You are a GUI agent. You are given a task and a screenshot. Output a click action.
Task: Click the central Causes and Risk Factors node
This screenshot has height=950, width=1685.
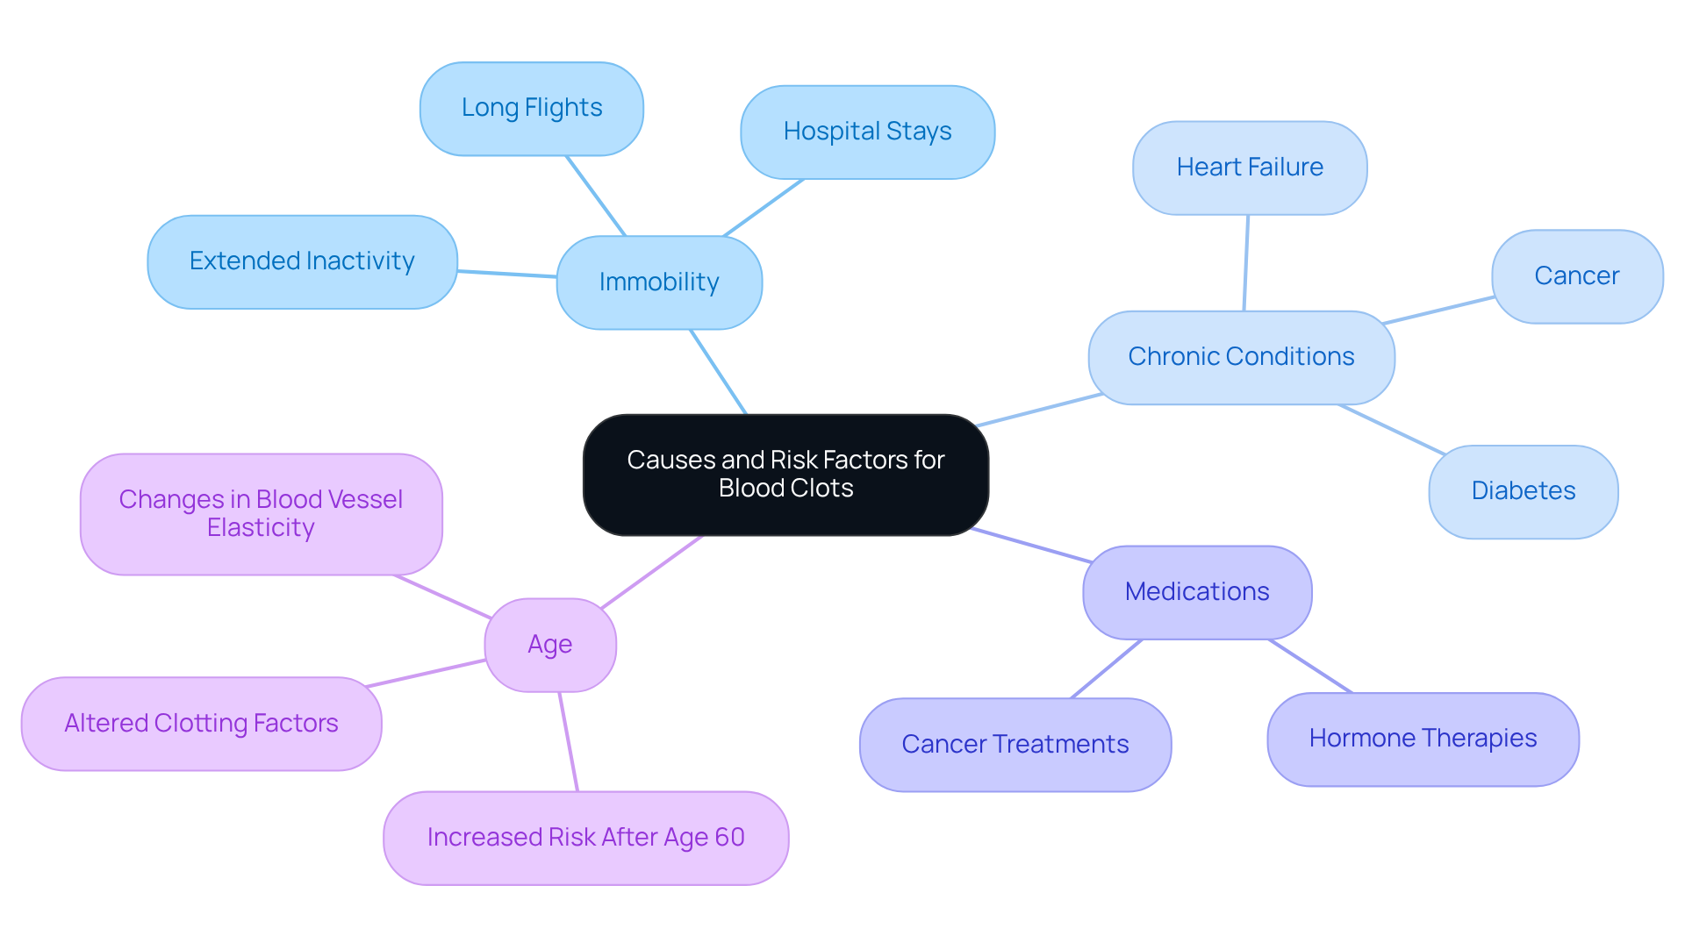(785, 475)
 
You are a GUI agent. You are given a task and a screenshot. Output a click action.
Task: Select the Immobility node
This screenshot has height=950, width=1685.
(659, 282)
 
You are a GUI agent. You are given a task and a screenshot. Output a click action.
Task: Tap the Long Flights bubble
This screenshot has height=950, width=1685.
(532, 109)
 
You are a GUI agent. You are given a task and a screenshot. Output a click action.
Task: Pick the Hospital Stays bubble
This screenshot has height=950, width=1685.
(867, 132)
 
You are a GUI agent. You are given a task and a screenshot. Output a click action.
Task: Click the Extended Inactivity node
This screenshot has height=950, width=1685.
(302, 261)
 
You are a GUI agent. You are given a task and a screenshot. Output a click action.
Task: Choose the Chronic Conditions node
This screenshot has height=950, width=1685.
(1241, 357)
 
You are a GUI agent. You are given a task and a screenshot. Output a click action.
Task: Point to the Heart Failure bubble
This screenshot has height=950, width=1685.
(1250, 168)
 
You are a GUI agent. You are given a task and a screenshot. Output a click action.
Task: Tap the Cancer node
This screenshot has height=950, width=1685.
(1576, 276)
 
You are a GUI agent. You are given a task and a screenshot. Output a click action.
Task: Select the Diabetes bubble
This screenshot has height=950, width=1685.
(1523, 491)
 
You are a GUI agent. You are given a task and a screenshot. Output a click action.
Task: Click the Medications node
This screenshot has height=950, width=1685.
(1197, 592)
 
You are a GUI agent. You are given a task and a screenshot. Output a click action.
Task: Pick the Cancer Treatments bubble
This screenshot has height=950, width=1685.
(1015, 745)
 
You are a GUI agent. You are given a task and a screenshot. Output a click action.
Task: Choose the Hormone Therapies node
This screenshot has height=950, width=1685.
(1423, 739)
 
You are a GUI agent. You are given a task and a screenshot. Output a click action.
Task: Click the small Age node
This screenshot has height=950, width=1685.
(550, 645)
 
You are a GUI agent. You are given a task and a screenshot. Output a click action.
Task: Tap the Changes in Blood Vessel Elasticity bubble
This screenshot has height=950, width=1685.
(261, 514)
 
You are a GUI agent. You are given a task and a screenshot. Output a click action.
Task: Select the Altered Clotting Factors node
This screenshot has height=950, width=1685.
(201, 724)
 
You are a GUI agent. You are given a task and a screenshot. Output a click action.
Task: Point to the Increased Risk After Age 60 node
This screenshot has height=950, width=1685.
(585, 838)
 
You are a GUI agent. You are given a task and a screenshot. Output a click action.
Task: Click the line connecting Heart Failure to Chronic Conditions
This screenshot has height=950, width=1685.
(1246, 263)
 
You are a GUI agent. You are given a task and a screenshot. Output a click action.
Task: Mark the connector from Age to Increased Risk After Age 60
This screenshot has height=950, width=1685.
(569, 741)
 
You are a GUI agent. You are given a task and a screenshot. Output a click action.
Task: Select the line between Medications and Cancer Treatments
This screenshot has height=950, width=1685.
(1107, 668)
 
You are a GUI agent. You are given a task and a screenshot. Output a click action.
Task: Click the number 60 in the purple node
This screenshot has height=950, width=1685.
(729, 838)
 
